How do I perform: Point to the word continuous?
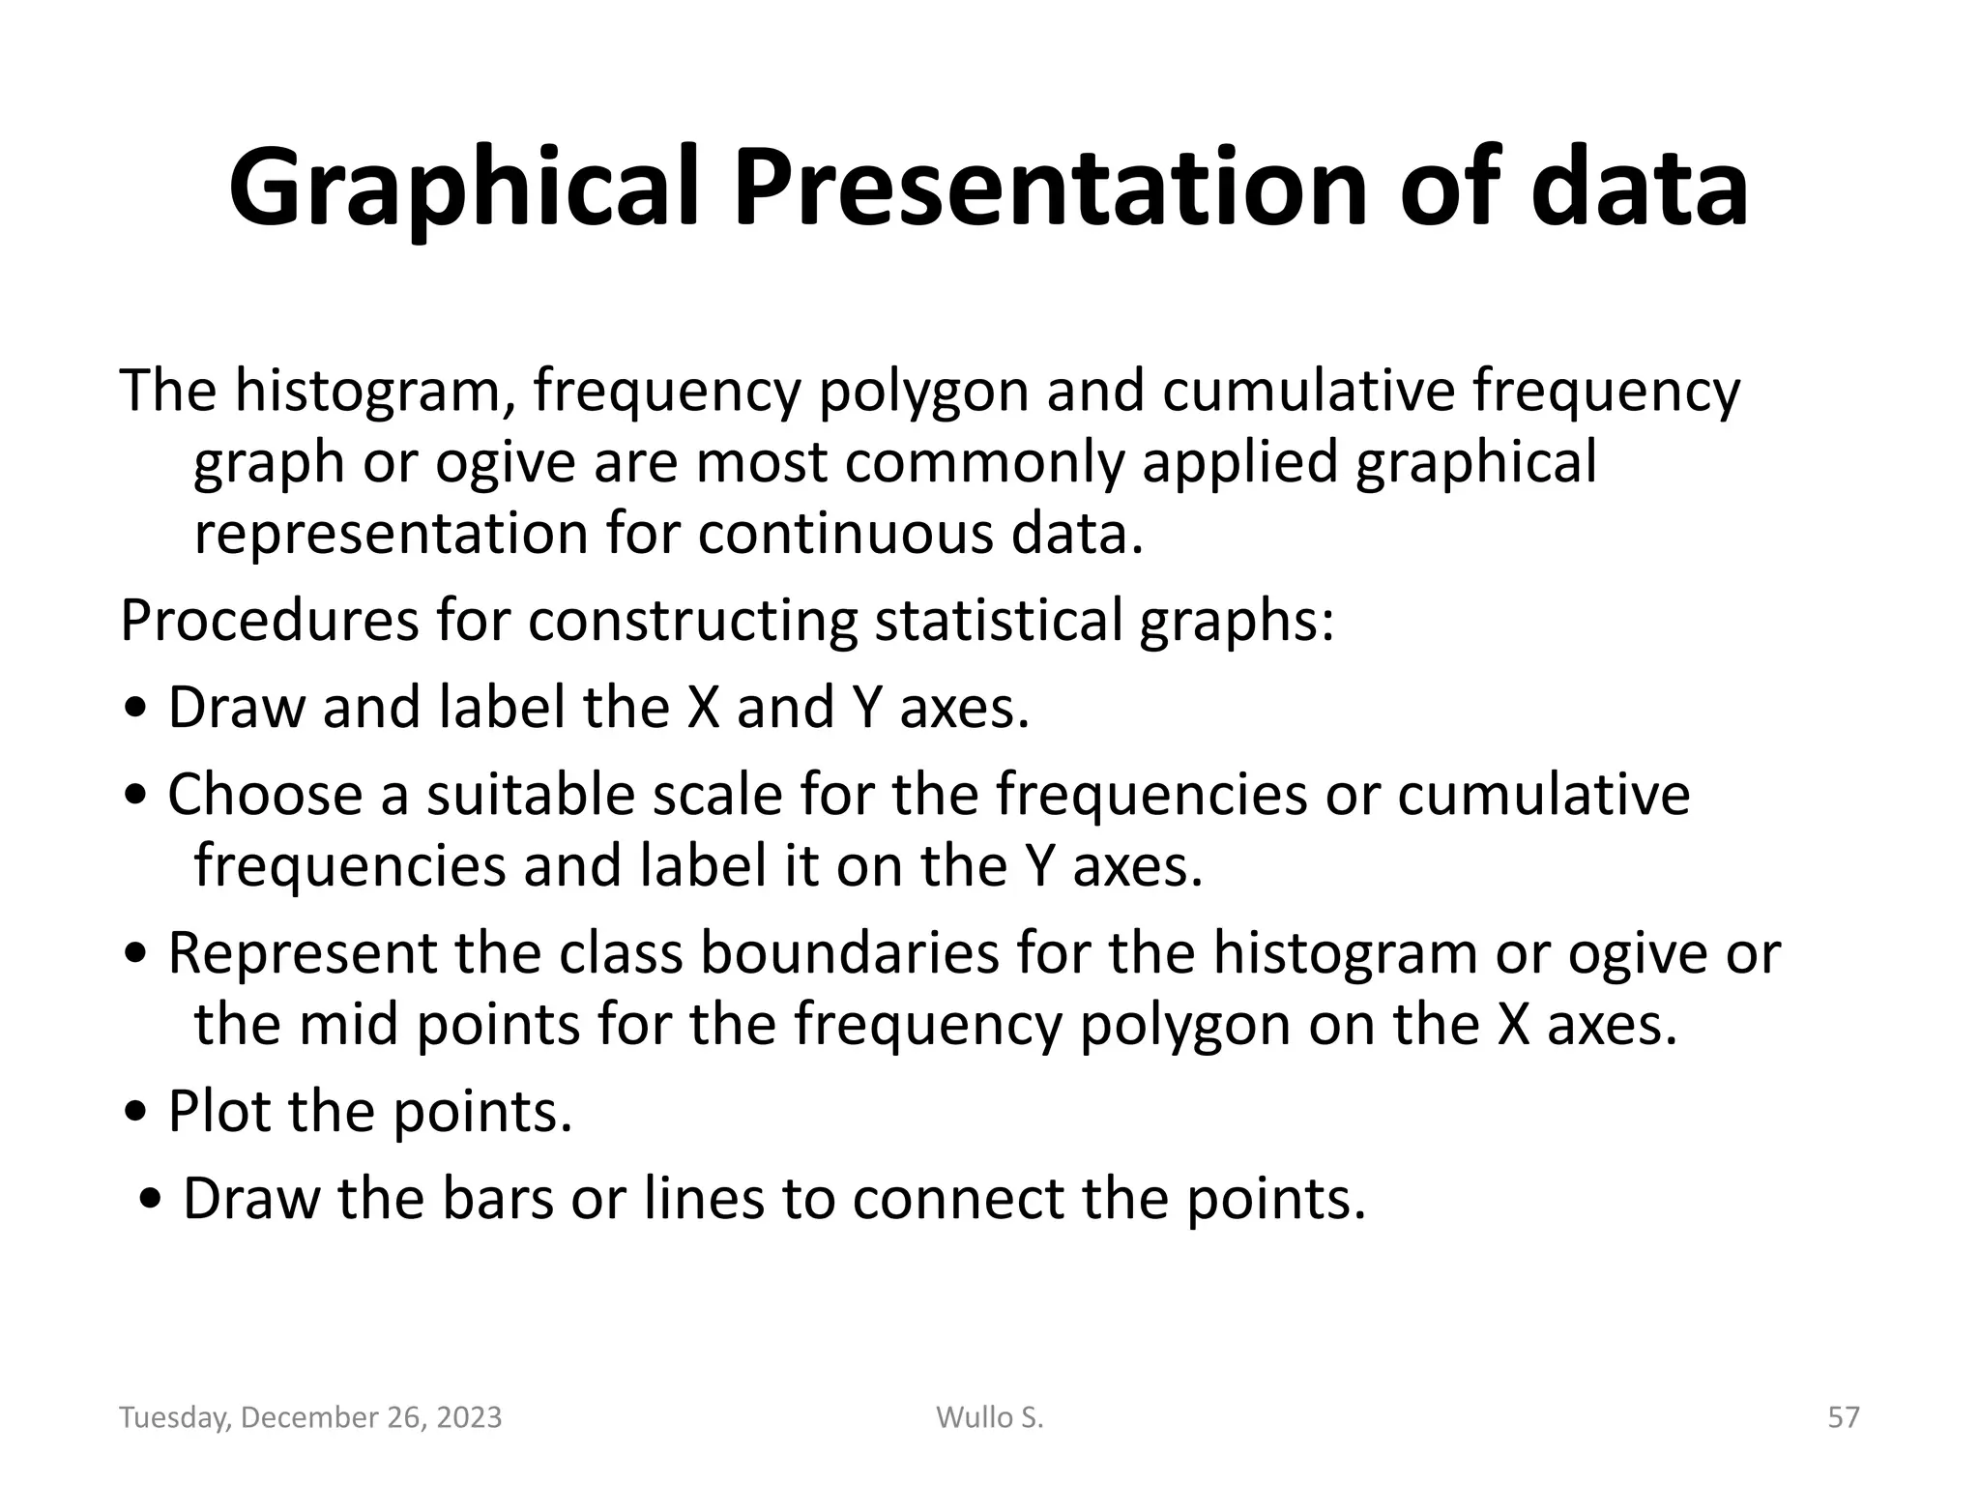(x=845, y=534)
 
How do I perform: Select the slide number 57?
(x=1844, y=1417)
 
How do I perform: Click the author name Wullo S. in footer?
(x=990, y=1417)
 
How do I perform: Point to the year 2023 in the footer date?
(x=469, y=1417)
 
